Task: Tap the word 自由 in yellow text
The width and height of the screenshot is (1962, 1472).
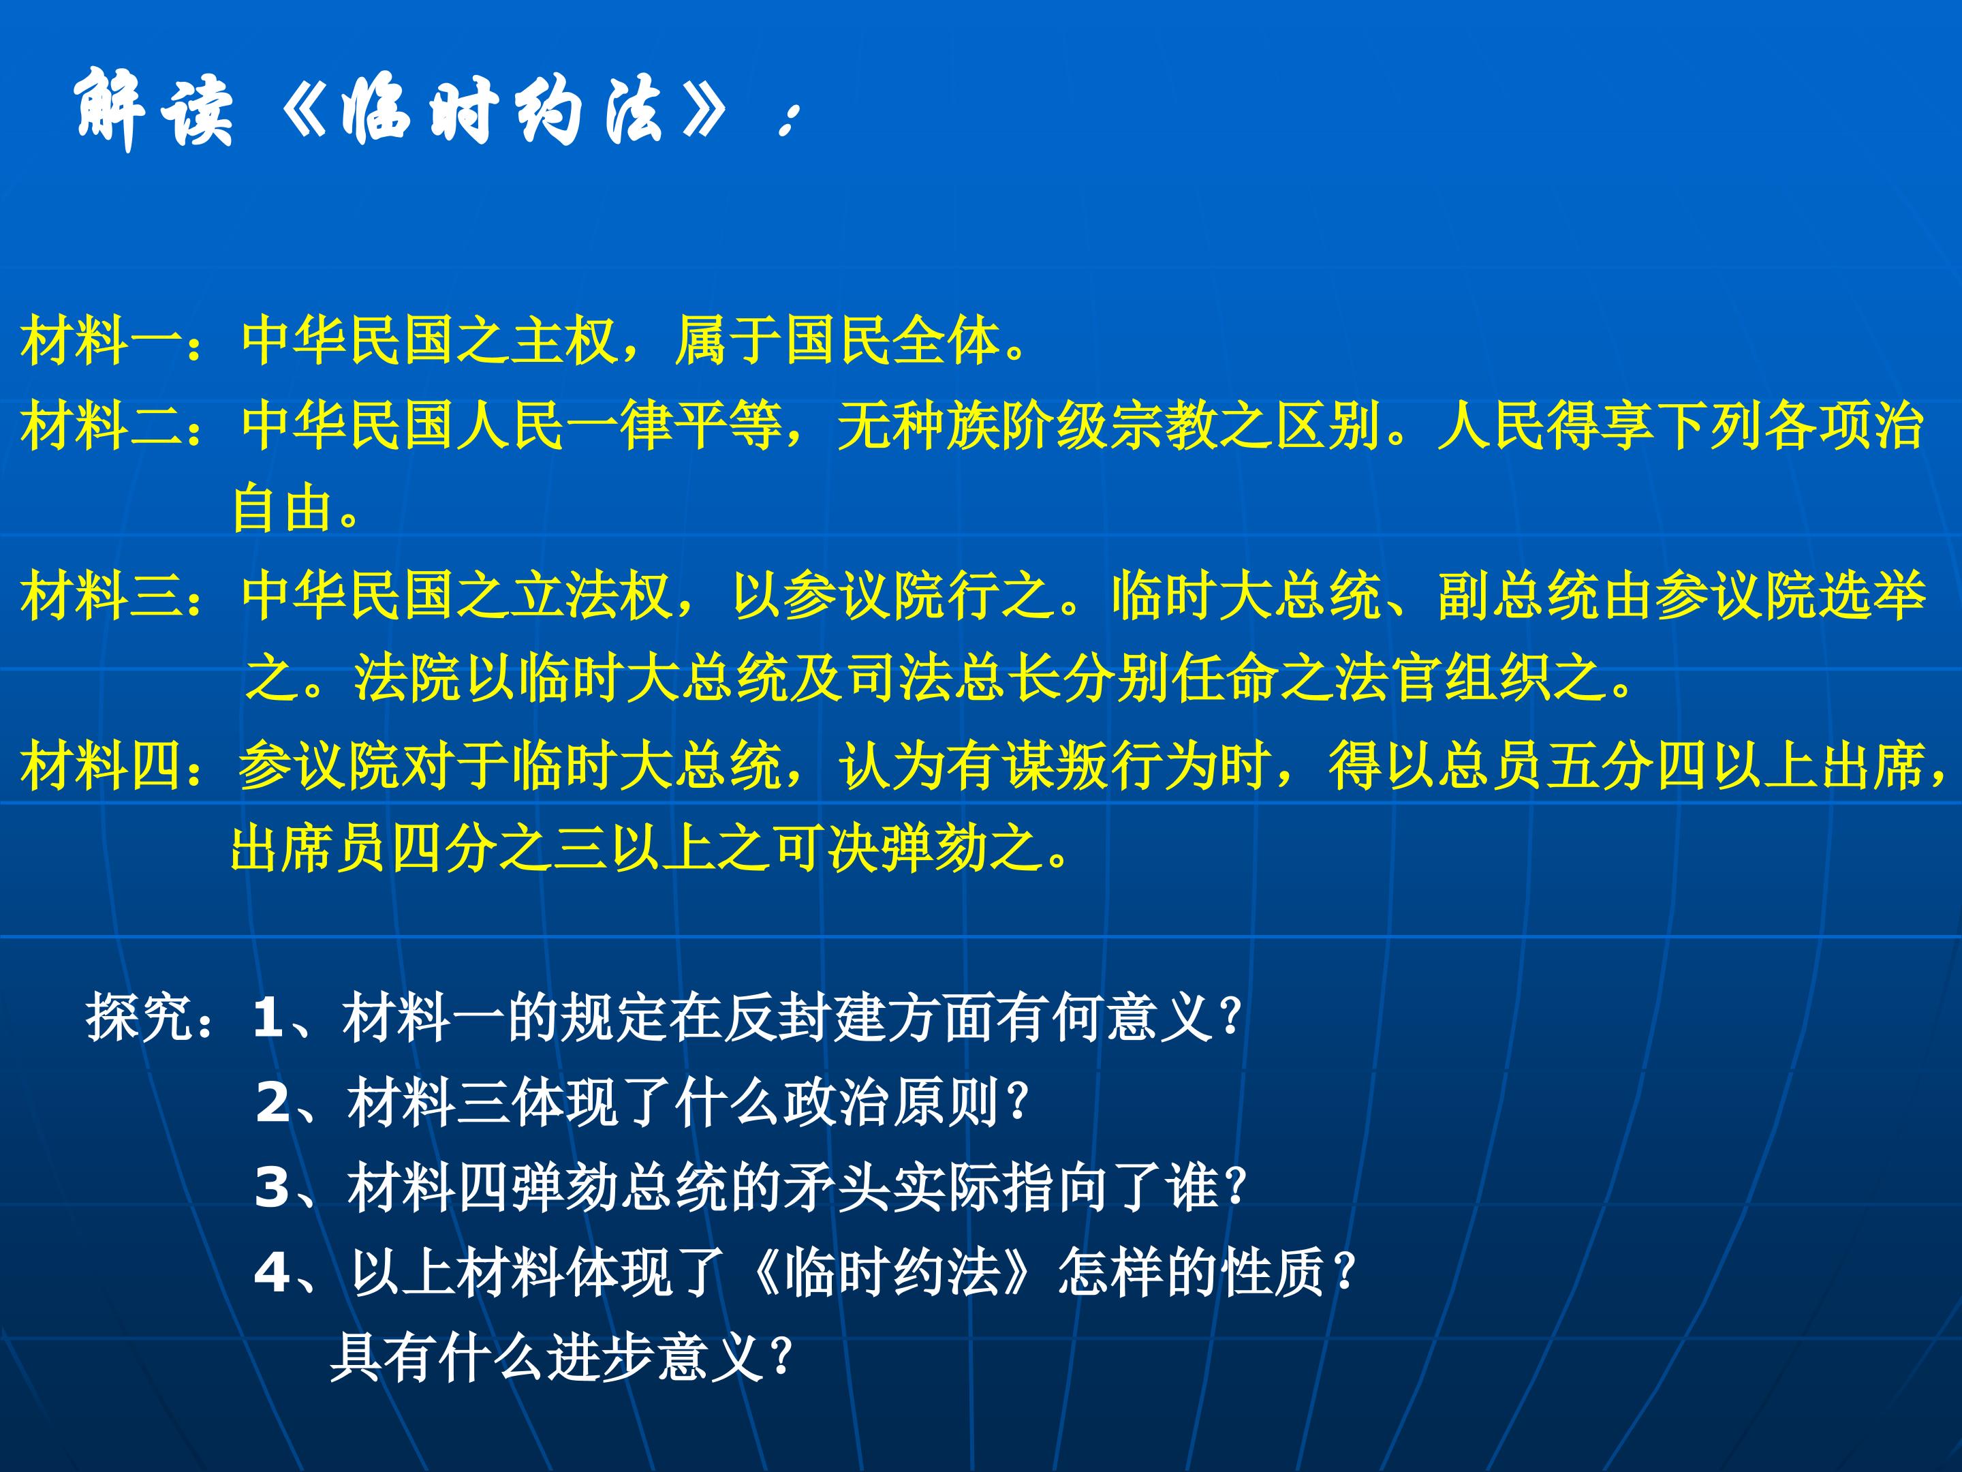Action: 284,508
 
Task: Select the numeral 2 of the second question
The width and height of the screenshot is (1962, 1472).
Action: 273,1103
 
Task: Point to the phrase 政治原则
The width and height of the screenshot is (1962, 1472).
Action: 891,1101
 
